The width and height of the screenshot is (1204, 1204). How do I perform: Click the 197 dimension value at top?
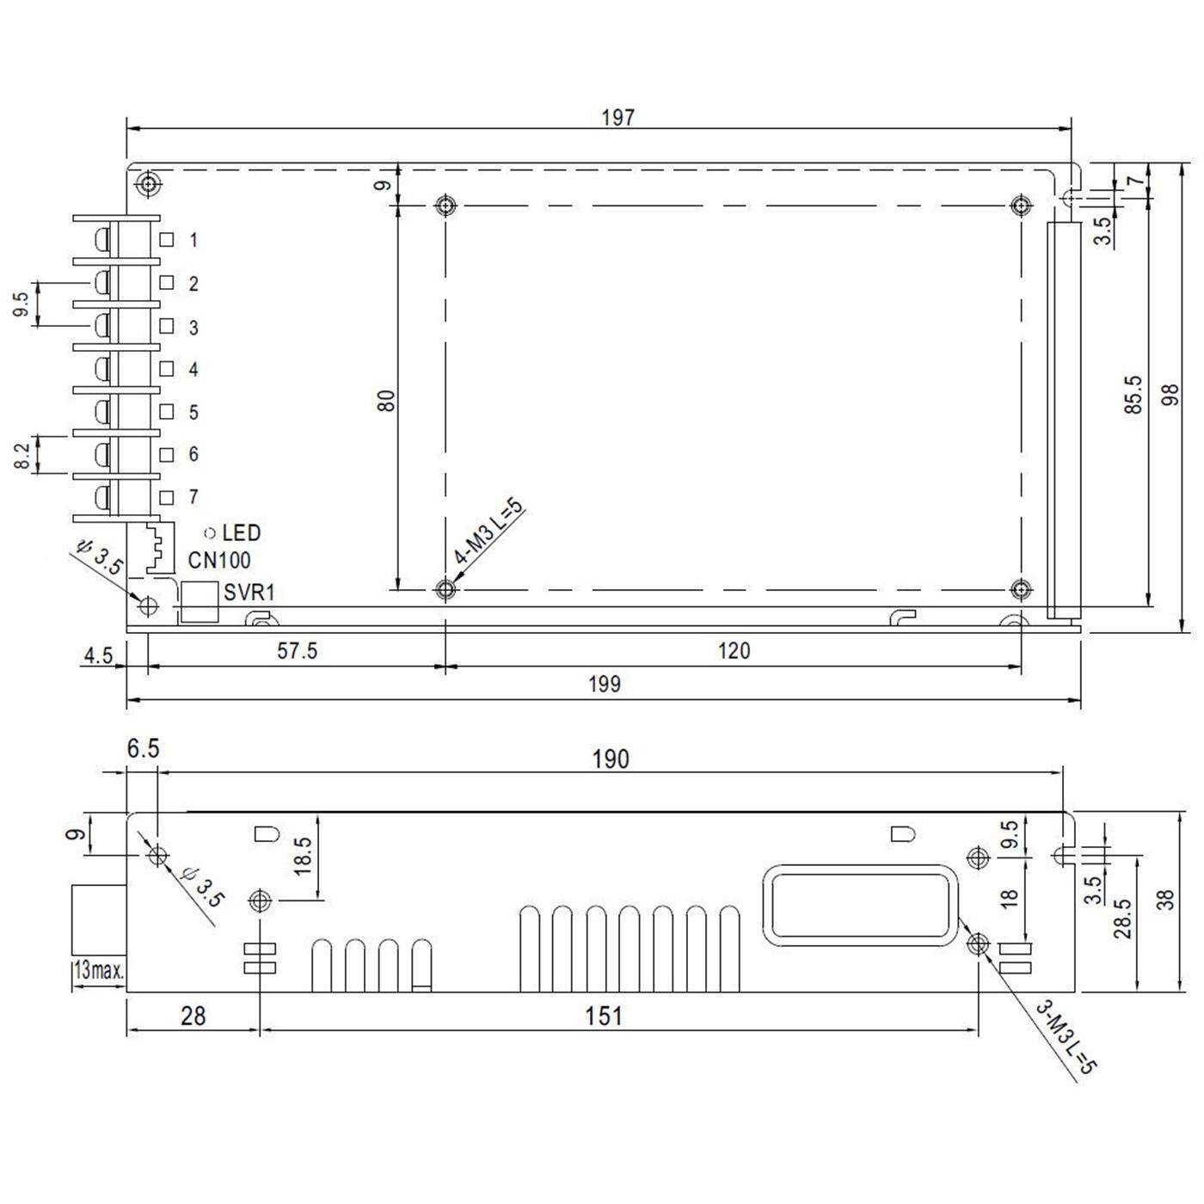pos(617,117)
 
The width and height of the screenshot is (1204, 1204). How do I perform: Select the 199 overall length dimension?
pos(605,685)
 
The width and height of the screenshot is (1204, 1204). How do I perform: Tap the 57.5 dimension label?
pos(297,651)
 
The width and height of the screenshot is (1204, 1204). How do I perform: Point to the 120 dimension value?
pos(734,651)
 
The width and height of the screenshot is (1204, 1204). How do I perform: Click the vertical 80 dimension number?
pos(387,400)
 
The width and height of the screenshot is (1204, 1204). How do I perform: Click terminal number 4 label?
pos(193,370)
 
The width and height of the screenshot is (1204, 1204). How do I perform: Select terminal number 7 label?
pos(193,497)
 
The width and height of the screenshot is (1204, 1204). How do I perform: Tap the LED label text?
pos(241,533)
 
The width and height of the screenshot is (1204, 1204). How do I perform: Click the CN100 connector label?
pos(219,561)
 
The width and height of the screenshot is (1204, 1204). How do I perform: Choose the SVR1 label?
pos(249,593)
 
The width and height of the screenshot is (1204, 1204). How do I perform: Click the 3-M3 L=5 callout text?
pos(1066,1038)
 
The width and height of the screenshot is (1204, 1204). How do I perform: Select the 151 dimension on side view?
pos(604,1017)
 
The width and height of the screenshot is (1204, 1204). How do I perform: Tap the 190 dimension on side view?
pos(611,759)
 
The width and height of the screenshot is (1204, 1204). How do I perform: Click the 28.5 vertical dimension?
pos(1122,918)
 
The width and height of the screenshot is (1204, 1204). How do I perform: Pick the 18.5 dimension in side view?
pos(302,856)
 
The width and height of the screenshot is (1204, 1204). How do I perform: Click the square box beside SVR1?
pos(200,601)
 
